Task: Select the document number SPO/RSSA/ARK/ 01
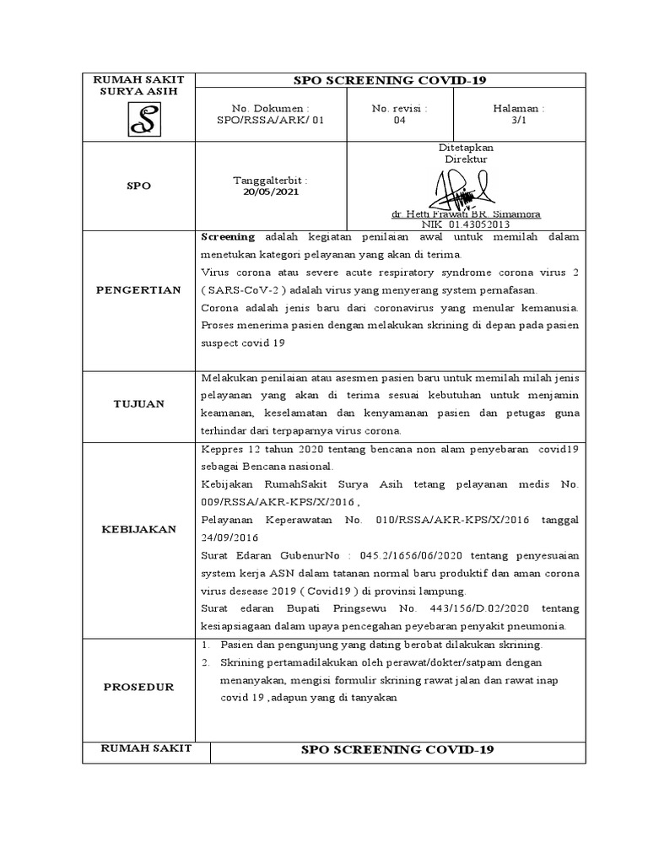click(270, 121)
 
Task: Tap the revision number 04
click(399, 121)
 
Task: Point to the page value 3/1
click(519, 121)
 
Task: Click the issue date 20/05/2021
click(270, 192)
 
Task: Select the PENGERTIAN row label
click(138, 290)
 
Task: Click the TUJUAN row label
click(138, 404)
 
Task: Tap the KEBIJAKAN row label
click(138, 529)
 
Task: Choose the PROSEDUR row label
click(138, 687)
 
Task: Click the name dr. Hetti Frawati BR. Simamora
click(465, 214)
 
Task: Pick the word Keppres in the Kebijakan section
click(220, 450)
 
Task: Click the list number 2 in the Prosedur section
click(205, 662)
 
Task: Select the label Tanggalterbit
click(270, 181)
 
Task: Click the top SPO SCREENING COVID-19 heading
click(390, 80)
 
